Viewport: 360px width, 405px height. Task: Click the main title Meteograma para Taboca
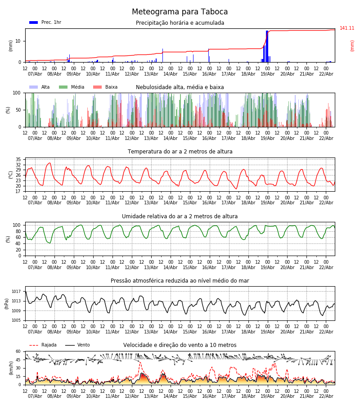(180, 12)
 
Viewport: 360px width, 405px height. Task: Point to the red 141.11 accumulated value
(347, 28)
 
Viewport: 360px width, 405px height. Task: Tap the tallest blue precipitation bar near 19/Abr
(267, 45)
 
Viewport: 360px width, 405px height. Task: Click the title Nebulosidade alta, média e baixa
(180, 87)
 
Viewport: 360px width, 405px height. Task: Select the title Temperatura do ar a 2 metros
(180, 152)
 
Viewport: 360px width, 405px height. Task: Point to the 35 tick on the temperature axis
(18, 160)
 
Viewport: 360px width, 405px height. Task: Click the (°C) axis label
(11, 174)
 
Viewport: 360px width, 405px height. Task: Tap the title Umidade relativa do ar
(180, 216)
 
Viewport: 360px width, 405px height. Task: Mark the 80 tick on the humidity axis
(18, 231)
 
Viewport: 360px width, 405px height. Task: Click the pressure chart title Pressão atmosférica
(180, 281)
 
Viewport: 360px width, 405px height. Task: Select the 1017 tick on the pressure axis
(16, 292)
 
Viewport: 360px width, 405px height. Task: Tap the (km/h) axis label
(11, 368)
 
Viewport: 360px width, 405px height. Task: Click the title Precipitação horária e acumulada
(180, 23)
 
